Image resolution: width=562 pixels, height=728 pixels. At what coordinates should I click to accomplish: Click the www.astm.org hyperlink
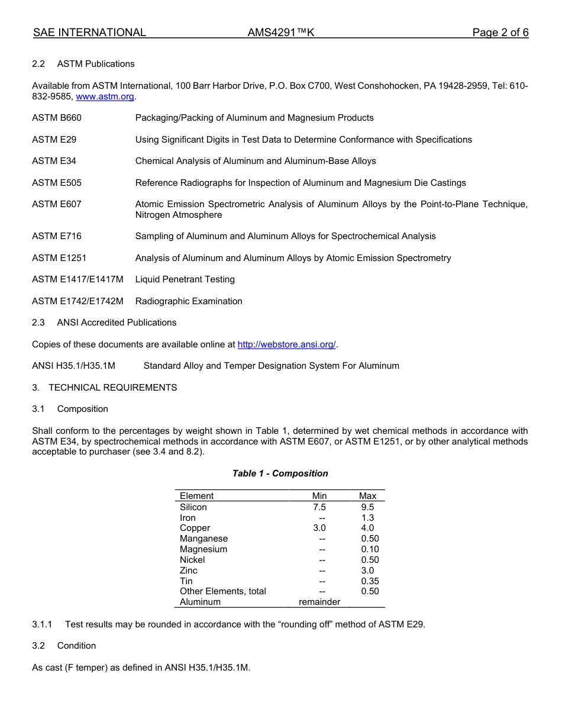[105, 96]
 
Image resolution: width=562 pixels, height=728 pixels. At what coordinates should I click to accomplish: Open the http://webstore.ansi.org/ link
[286, 344]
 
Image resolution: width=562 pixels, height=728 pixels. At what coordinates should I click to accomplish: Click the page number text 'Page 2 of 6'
[500, 33]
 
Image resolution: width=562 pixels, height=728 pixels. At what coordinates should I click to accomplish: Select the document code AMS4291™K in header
[280, 33]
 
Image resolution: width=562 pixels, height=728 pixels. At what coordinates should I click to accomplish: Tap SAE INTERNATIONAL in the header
[89, 33]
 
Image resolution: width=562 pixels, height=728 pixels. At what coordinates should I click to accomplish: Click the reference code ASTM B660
[57, 118]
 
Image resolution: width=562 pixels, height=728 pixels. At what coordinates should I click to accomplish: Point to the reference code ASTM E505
[57, 183]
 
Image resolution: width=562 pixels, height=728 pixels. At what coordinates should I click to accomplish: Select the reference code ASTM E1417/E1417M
[77, 279]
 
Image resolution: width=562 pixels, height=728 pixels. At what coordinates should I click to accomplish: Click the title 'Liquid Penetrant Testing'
[185, 279]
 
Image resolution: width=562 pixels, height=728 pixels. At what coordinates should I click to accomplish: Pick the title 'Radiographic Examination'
[189, 301]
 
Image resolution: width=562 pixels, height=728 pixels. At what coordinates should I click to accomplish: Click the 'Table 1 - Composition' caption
[280, 473]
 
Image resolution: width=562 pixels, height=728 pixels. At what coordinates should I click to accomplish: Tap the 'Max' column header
[367, 496]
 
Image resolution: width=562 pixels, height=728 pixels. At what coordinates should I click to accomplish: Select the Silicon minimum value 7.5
[319, 507]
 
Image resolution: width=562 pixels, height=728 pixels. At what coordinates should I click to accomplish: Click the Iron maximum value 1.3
[367, 518]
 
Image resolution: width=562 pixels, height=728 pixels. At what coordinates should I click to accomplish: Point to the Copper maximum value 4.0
[367, 528]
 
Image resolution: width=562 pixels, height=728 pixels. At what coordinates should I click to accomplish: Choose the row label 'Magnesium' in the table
[204, 549]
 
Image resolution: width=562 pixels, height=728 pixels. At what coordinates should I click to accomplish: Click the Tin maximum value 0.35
[370, 581]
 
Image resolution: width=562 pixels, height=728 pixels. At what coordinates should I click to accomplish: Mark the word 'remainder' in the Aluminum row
[319, 602]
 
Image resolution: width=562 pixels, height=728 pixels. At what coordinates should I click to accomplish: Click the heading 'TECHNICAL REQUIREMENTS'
[112, 388]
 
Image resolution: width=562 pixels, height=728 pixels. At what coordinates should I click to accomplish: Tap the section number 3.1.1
[42, 624]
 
